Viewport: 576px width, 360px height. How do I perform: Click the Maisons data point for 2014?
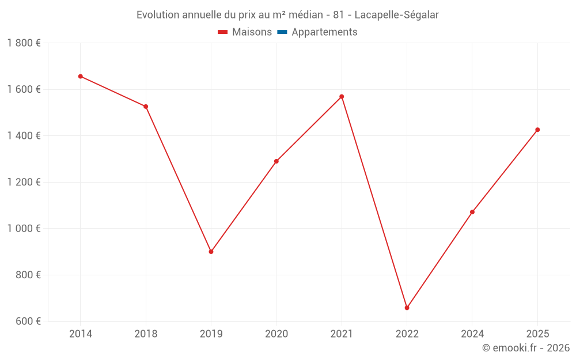[x=80, y=76]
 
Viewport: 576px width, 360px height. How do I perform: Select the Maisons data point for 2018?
[x=146, y=107]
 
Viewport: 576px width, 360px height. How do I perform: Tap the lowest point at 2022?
[x=407, y=308]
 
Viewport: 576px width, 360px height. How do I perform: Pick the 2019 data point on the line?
[x=211, y=252]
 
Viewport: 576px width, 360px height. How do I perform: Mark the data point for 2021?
[x=342, y=96]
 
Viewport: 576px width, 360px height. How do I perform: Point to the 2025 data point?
[x=537, y=130]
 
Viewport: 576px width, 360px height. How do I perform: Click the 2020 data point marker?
[x=276, y=161]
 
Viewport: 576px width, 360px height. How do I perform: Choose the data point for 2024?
[x=472, y=212]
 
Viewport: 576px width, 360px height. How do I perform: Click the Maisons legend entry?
[x=245, y=32]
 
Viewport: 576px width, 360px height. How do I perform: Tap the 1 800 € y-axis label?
[x=24, y=43]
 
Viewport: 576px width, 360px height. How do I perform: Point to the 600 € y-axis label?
[x=28, y=321]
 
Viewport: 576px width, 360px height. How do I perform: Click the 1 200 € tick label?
[x=24, y=182]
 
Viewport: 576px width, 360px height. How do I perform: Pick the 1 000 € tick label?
[x=24, y=229]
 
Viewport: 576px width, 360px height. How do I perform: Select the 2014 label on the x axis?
[x=80, y=334]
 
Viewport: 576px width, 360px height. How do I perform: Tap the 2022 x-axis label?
[x=407, y=334]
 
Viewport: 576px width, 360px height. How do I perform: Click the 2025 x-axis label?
[x=537, y=334]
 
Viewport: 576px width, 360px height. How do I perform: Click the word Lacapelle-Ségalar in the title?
[x=397, y=15]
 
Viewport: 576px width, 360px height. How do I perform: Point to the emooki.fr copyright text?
[x=526, y=348]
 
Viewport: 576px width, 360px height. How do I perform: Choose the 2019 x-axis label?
[x=211, y=334]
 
